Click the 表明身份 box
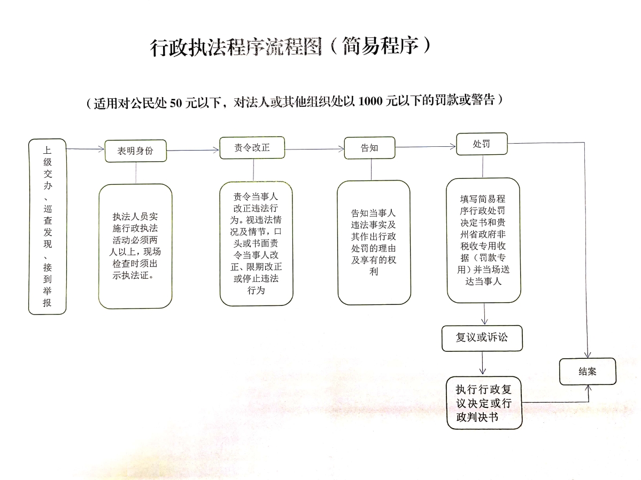[136, 151]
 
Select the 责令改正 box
[252, 148]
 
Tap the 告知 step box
[369, 148]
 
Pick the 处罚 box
[482, 144]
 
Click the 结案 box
[588, 372]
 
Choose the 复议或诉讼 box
[482, 338]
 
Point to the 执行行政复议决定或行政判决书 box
[484, 403]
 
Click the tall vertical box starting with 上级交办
[48, 226]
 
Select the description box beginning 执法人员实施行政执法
[135, 246]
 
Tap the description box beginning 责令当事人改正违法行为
[256, 243]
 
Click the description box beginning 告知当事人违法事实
[374, 242]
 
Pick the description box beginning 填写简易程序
[483, 240]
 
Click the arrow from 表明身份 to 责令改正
[193, 150]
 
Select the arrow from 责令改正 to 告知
[315, 149]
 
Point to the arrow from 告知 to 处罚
[426, 146]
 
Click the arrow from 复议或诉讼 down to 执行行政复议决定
[482, 363]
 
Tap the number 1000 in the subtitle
[370, 101]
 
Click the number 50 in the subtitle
[176, 103]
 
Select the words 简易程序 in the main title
[381, 46]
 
